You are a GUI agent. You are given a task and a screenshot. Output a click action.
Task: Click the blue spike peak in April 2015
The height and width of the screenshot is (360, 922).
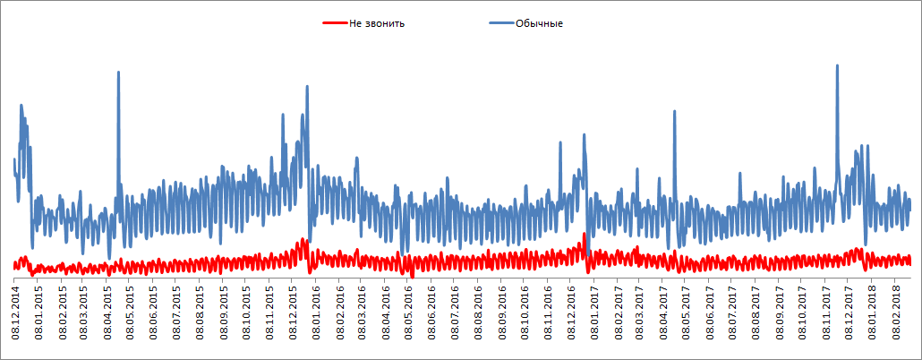pyautogui.click(x=118, y=73)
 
